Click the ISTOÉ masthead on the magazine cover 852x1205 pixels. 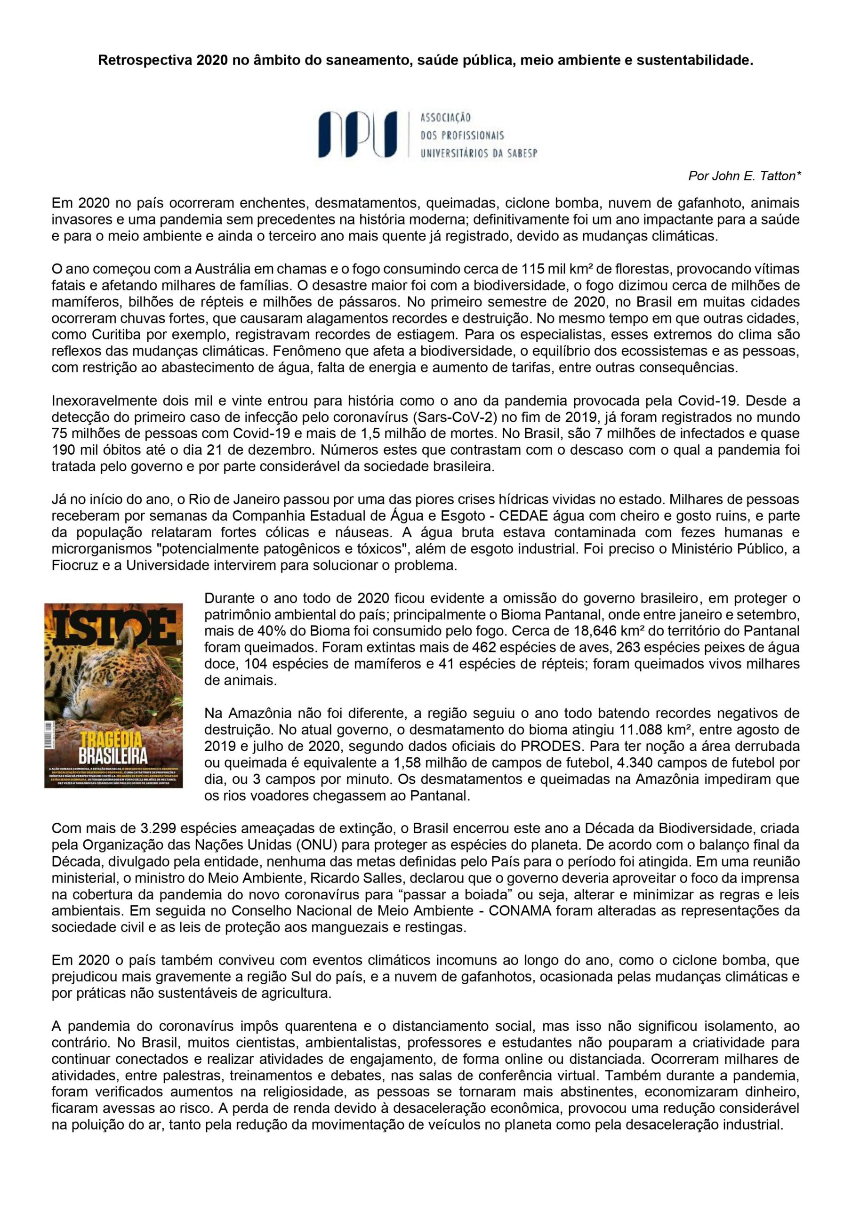click(x=113, y=625)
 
